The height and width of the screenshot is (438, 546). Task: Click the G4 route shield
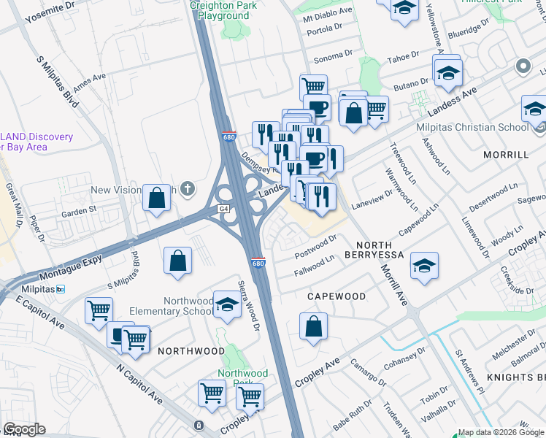tap(223, 209)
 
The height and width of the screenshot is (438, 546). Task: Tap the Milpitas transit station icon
tap(61, 290)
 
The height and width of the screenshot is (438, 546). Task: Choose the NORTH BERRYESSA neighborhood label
tap(380, 250)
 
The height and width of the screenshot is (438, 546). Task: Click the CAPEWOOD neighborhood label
tap(336, 296)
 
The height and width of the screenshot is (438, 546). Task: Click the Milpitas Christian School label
tap(472, 127)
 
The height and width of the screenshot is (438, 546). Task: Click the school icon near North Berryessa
tap(424, 267)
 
